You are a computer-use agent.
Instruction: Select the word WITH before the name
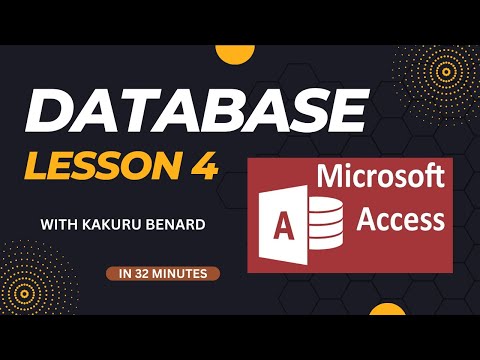coord(61,223)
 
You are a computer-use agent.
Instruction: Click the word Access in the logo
coord(404,216)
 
